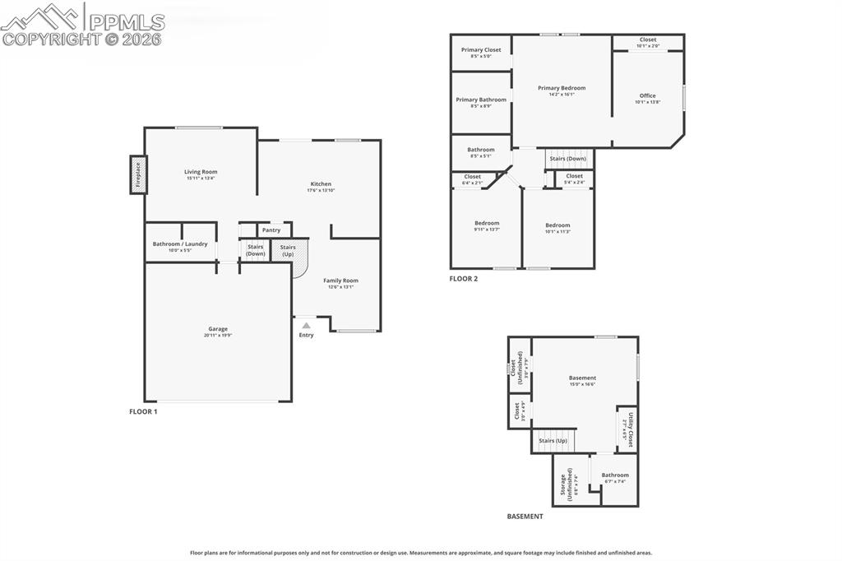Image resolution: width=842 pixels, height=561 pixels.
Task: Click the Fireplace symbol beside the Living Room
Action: point(137,175)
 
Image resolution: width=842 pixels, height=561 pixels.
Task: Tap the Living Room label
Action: point(201,172)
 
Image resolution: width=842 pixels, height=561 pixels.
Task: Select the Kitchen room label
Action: point(321,184)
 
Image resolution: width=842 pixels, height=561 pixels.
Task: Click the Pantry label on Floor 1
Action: point(271,230)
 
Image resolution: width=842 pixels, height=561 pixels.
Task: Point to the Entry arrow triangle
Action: point(306,326)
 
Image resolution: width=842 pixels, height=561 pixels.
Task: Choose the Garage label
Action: point(218,329)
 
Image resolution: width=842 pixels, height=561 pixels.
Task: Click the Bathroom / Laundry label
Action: point(180,243)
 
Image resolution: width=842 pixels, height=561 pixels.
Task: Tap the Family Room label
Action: point(340,280)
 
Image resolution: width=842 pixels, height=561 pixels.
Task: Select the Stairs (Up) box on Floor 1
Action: point(288,250)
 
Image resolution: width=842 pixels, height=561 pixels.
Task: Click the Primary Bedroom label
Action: point(562,88)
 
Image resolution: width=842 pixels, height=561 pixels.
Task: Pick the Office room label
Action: point(648,95)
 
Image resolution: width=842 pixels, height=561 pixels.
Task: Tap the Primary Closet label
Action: point(481,50)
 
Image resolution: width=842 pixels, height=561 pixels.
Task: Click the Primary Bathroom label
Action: point(481,100)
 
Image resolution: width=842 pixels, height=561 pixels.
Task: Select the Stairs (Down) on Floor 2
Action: point(567,158)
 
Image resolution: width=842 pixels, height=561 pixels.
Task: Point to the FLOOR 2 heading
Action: point(463,279)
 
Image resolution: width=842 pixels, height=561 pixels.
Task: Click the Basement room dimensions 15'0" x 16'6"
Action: point(582,384)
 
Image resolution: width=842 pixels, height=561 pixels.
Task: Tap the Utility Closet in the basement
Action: point(627,429)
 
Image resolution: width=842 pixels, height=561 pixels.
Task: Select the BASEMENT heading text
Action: point(525,517)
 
